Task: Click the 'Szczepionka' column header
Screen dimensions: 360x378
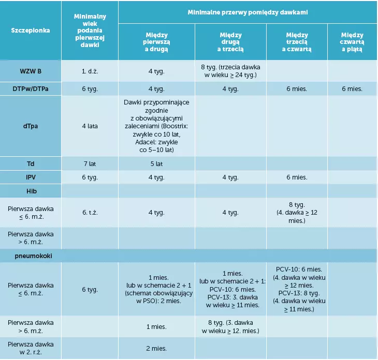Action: click(31, 31)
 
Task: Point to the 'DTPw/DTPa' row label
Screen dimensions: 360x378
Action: click(31, 89)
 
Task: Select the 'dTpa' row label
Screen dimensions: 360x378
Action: click(31, 126)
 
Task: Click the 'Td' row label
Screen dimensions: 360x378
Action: click(31, 164)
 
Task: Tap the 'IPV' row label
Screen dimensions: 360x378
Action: click(31, 177)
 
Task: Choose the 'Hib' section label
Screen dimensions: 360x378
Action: click(31, 191)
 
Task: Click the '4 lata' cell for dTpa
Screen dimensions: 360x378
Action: click(90, 126)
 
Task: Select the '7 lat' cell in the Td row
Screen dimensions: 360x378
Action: click(90, 164)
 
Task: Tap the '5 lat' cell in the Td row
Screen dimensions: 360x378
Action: click(156, 164)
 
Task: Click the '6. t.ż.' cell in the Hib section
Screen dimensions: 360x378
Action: click(90, 213)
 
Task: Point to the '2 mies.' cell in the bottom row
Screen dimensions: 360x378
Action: click(156, 349)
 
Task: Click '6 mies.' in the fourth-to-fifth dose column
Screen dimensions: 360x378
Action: click(352, 89)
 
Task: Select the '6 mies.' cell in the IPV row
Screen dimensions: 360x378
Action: click(297, 177)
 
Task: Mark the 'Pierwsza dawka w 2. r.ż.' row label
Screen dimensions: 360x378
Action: click(31, 348)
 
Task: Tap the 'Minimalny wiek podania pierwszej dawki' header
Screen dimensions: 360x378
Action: click(90, 31)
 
